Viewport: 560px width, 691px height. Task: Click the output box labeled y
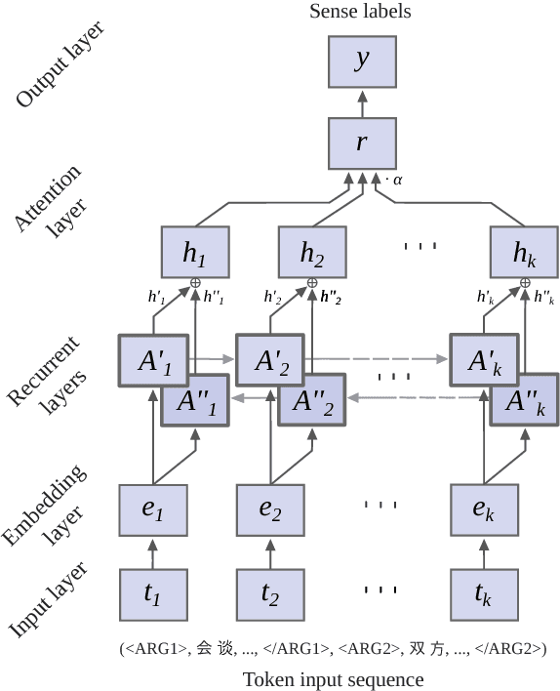362,61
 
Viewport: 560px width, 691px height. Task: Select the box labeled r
362,142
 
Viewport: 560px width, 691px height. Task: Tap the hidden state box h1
195,253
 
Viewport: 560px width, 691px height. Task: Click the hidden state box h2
312,253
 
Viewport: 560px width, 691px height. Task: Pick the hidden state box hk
525,253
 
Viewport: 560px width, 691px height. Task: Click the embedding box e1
153,509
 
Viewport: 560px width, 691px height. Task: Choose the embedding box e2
270,509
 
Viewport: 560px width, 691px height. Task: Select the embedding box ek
484,509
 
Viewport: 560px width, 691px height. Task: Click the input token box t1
153,593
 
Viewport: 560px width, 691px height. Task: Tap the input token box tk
484,593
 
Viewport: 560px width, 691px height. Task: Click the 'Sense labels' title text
360,12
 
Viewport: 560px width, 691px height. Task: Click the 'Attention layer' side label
56,203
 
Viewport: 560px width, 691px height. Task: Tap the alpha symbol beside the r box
397,180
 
